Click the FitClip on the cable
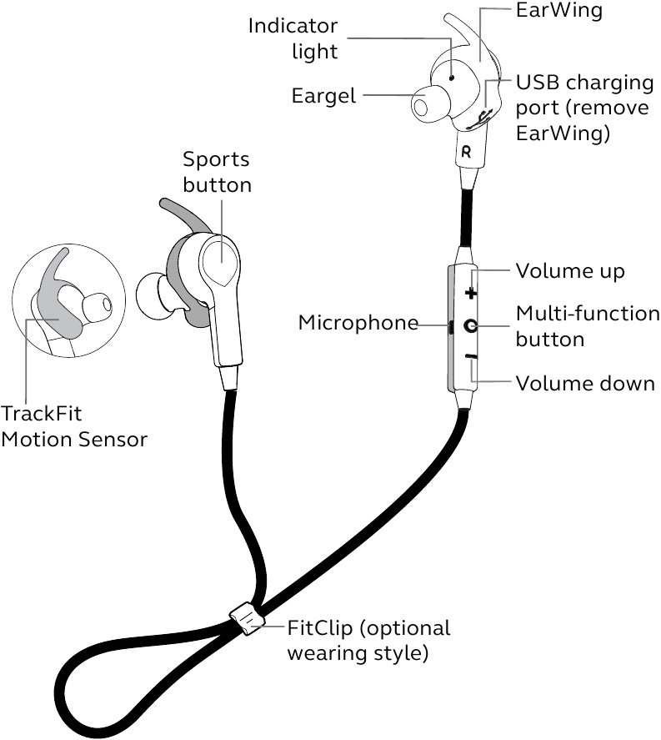[246, 618]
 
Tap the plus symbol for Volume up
[471, 294]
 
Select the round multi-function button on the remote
[471, 326]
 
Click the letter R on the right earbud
[466, 152]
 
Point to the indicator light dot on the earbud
[452, 74]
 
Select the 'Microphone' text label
[358, 323]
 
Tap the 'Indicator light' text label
[293, 38]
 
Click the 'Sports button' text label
[217, 172]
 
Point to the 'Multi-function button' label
[587, 326]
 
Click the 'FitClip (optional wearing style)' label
[368, 640]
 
